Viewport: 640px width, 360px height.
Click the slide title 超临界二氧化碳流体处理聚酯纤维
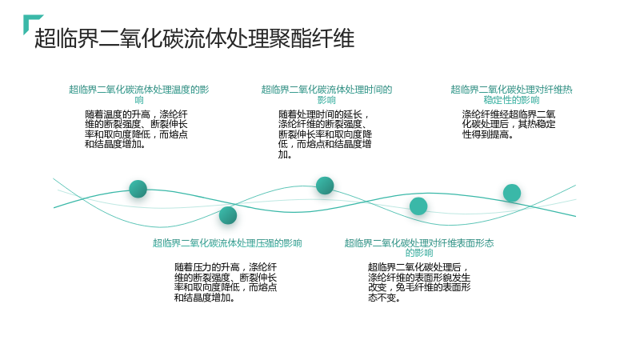[x=194, y=38]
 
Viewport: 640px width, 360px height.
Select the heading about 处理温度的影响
[x=138, y=94]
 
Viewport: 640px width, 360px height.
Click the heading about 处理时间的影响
[x=326, y=94]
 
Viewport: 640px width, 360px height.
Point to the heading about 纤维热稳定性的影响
[x=511, y=94]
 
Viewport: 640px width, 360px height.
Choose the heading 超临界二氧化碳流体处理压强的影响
[x=227, y=243]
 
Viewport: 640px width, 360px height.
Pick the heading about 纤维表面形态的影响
[x=419, y=248]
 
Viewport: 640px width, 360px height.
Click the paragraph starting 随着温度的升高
[x=136, y=130]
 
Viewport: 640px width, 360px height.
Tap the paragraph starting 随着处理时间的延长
[x=325, y=134]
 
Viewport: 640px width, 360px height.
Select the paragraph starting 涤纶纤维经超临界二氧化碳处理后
[x=509, y=125]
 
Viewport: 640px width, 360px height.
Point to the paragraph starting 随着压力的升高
[x=226, y=282]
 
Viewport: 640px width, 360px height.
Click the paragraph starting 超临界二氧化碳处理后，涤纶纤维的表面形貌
[x=419, y=282]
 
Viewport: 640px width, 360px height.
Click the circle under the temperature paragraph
[x=138, y=189]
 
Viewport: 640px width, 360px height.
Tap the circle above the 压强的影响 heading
[x=228, y=215]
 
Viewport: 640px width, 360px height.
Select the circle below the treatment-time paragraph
[x=325, y=186]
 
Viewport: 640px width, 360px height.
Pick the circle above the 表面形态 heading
[x=418, y=206]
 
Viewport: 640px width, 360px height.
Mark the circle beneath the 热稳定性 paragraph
[x=512, y=193]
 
